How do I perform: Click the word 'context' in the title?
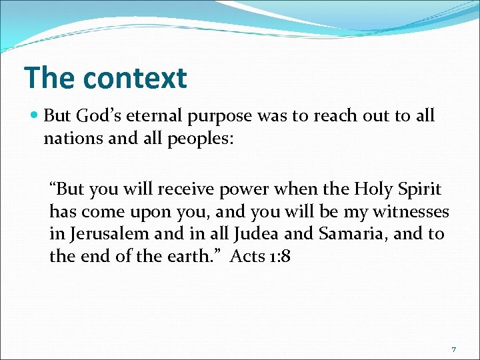pos(135,78)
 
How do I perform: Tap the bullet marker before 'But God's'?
pos(35,116)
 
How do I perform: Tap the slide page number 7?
pos(453,350)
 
